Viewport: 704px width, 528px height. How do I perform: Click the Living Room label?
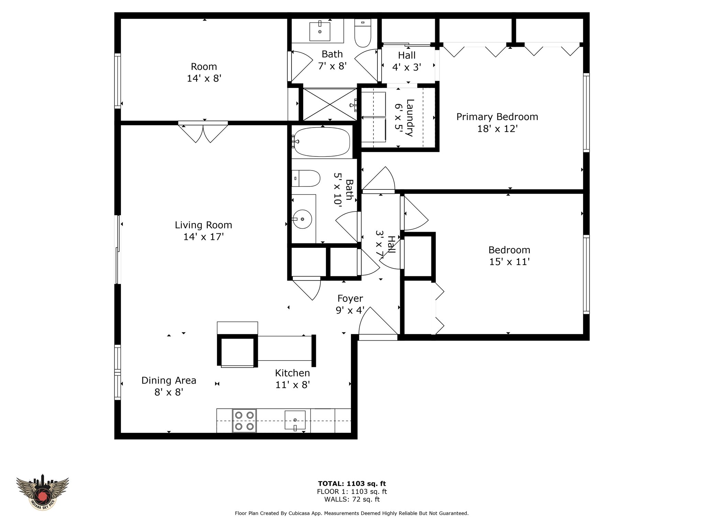[203, 225]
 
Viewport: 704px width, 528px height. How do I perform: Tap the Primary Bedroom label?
[497, 117]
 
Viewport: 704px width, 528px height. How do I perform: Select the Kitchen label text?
[293, 373]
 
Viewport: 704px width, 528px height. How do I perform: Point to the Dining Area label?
[169, 381]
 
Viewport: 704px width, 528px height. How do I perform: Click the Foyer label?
[350, 299]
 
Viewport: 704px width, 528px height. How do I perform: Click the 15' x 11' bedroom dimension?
[509, 262]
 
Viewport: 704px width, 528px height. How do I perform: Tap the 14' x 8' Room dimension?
[204, 78]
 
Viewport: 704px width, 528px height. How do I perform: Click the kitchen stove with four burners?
[244, 421]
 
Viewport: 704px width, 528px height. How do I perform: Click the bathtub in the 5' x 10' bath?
[321, 142]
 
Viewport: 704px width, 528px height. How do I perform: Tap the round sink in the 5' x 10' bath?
[302, 219]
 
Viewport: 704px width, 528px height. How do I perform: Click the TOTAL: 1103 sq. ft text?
[352, 484]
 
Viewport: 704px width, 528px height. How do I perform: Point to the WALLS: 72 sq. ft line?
[352, 499]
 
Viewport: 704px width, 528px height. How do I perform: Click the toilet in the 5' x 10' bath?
[306, 178]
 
